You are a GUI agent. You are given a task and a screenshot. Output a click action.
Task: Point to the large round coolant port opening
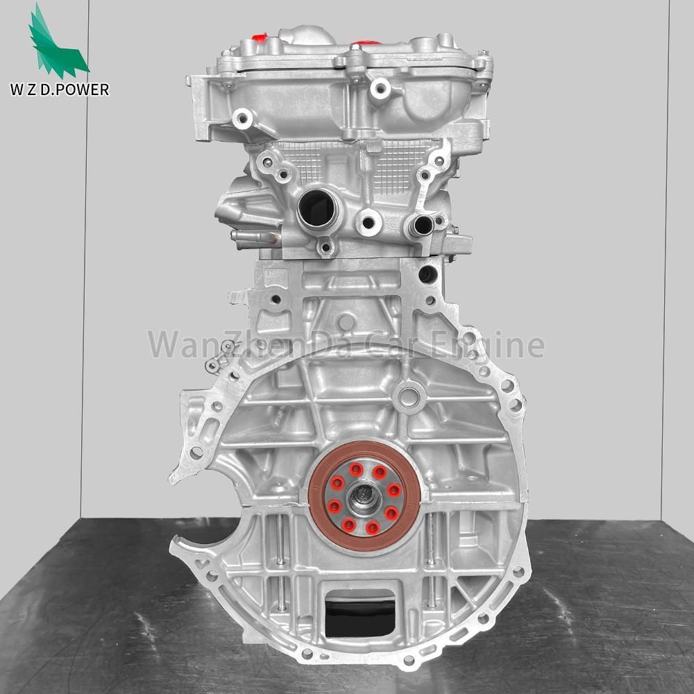[x=317, y=208]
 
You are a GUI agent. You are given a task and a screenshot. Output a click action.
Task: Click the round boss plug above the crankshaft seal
[x=408, y=397]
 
